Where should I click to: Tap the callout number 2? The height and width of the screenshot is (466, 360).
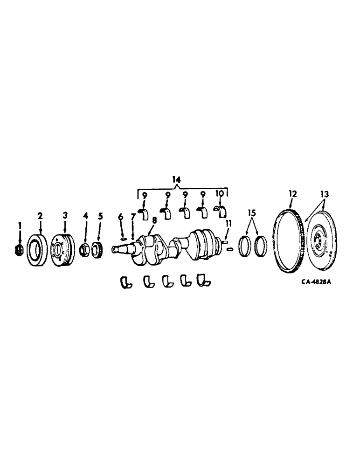[x=40, y=215]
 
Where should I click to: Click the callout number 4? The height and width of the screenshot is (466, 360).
[x=85, y=216]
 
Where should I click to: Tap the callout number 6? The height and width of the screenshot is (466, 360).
[x=120, y=216]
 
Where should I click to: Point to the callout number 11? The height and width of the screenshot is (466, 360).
[x=228, y=223]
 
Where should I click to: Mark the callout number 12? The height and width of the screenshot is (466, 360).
[x=292, y=192]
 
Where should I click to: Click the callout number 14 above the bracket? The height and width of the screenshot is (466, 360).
[x=176, y=178]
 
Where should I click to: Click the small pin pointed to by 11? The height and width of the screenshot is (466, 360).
[x=229, y=249]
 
